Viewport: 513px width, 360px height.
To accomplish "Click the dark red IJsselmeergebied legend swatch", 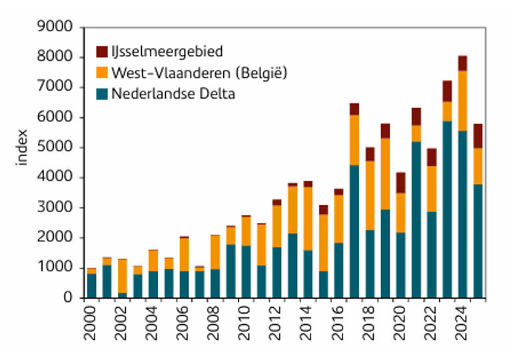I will (x=102, y=51).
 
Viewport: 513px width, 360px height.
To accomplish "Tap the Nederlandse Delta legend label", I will (x=173, y=93).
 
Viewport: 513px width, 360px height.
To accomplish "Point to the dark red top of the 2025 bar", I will (x=478, y=135).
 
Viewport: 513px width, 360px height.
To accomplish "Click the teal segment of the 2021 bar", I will (x=416, y=220).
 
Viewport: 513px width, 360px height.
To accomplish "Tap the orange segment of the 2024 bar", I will (x=462, y=101).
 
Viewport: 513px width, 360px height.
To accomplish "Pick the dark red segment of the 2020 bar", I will (x=400, y=183).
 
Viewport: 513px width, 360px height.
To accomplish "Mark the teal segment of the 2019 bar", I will (x=385, y=253).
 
